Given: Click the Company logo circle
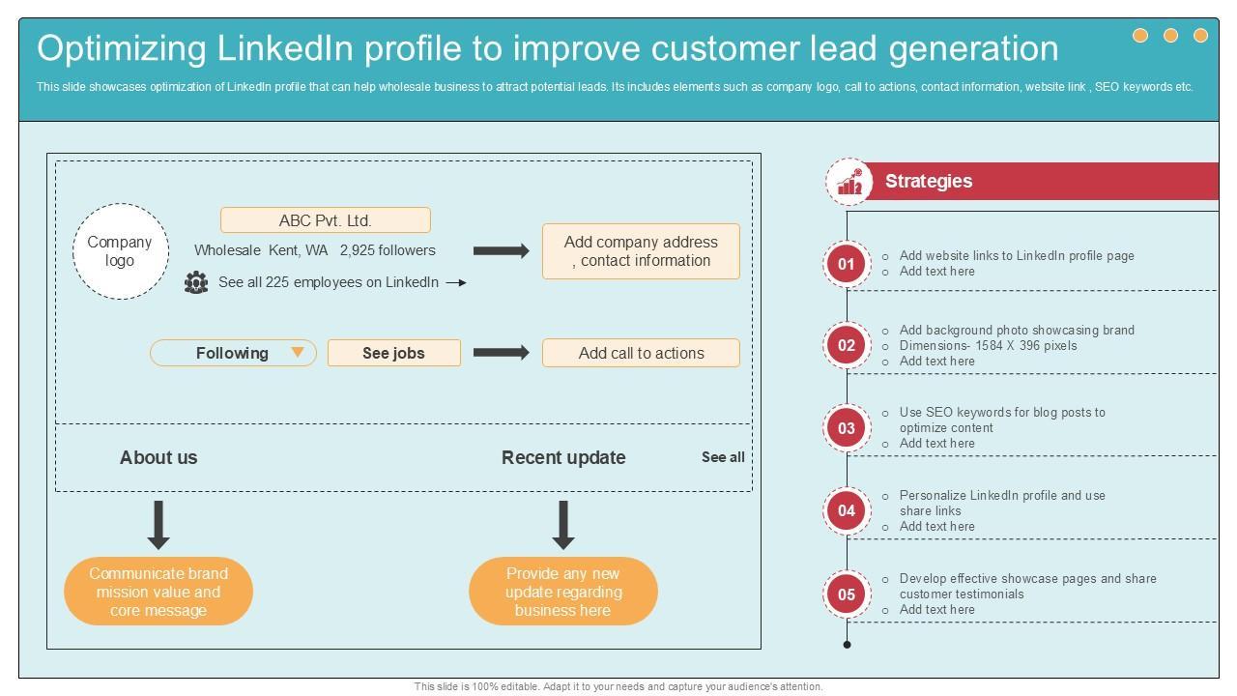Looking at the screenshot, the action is click(121, 251).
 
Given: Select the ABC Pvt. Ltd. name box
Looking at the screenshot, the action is click(326, 220).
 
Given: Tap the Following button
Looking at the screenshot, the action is click(233, 353).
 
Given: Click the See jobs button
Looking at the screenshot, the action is click(393, 353).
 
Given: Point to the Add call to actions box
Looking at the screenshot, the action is click(641, 353).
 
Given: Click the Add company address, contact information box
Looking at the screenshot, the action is click(641, 251).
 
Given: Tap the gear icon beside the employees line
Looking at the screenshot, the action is click(196, 282).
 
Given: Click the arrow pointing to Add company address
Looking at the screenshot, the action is click(501, 251).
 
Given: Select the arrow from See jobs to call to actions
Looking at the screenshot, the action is click(501, 353).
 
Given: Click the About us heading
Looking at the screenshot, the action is click(158, 457).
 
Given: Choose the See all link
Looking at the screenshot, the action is click(723, 457).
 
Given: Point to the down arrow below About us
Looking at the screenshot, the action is click(158, 525).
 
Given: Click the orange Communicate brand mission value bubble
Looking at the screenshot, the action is click(158, 592).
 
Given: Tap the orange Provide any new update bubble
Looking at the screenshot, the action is click(563, 592).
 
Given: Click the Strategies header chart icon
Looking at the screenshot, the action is click(849, 182).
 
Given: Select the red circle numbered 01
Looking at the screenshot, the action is click(847, 264).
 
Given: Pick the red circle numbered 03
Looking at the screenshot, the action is click(847, 428).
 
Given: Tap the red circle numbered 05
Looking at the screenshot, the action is click(847, 594).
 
